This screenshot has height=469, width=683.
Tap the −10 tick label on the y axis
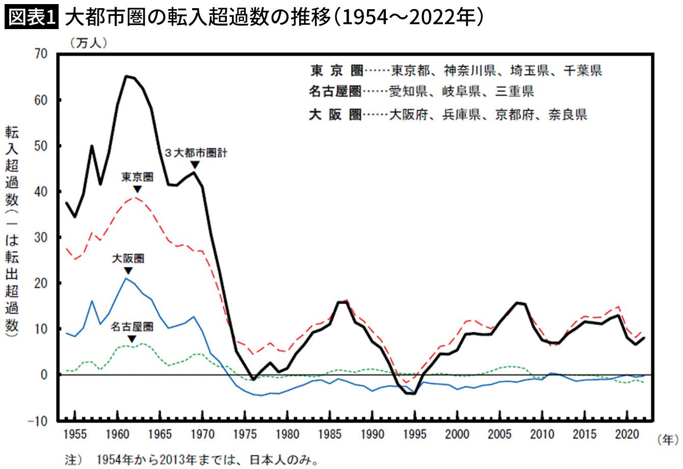tap(39, 421)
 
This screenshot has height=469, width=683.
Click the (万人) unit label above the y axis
tap(89, 43)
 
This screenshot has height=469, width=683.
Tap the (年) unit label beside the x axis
tap(668, 439)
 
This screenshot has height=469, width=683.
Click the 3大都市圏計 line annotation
tap(195, 153)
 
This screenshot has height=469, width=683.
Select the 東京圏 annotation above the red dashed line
tap(137, 177)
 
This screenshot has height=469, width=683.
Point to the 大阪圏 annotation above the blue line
tap(128, 258)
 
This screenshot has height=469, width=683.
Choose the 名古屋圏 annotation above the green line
tap(132, 326)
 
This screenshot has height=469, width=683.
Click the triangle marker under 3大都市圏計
tap(195, 164)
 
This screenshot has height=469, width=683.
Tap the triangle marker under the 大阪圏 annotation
tap(128, 270)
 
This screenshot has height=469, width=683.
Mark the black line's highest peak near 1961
tap(126, 76)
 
